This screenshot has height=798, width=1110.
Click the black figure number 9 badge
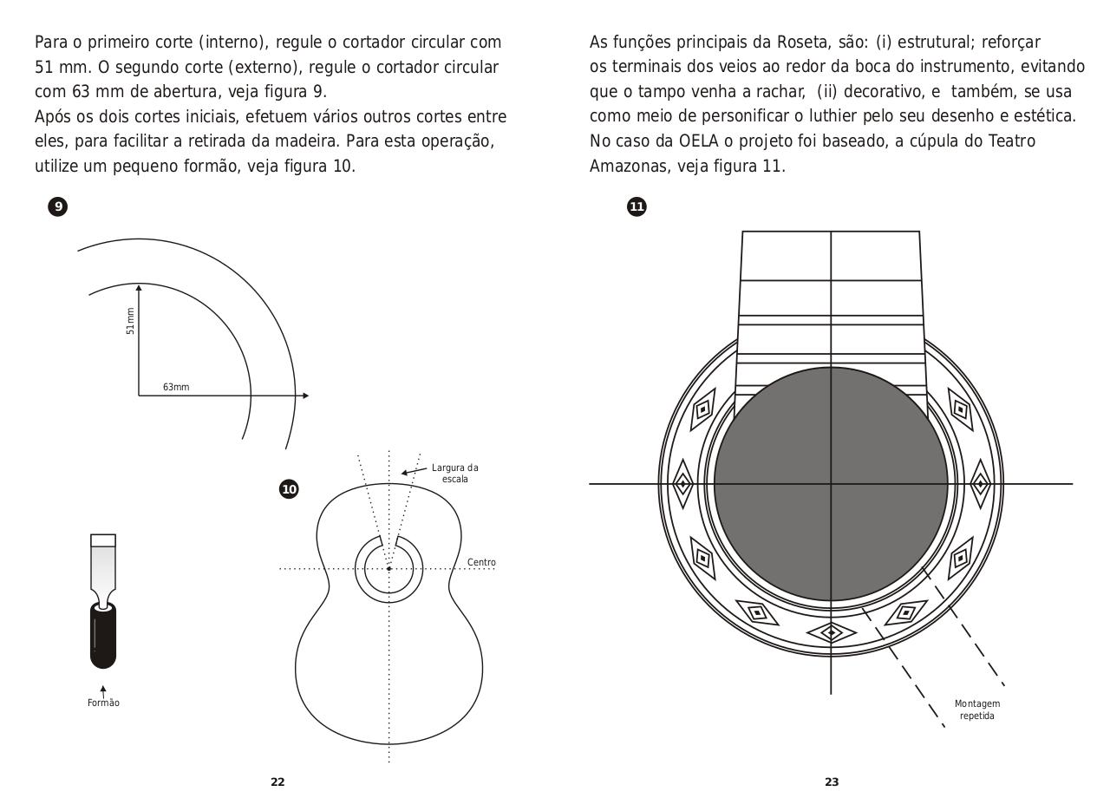[x=58, y=206]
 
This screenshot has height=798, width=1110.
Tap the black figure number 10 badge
[x=289, y=489]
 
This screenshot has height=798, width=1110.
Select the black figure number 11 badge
[x=637, y=206]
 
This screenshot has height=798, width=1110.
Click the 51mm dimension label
[x=131, y=321]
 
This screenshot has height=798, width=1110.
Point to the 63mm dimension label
[x=176, y=387]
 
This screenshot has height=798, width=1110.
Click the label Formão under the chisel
[x=103, y=703]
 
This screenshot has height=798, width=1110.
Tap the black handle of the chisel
[x=102, y=635]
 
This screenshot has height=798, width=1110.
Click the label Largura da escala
[x=454, y=474]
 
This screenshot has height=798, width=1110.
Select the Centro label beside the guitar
[x=481, y=562]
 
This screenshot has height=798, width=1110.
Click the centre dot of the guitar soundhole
[x=389, y=569]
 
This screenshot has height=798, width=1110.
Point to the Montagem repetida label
[x=977, y=710]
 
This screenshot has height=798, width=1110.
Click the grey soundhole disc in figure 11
[x=831, y=484]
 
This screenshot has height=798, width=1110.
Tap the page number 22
[x=277, y=782]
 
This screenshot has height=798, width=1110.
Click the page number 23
[x=832, y=782]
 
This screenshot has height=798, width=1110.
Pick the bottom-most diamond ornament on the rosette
[x=832, y=632]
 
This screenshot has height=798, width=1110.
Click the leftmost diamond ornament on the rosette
[x=683, y=483]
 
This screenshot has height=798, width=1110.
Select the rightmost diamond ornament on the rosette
[x=980, y=483]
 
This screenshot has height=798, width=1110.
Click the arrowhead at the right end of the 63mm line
[x=304, y=396]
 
